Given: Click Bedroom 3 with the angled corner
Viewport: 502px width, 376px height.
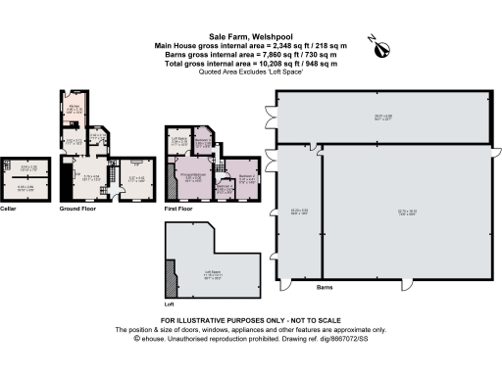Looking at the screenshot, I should coord(203,143).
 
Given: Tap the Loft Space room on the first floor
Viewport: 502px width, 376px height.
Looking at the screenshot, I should coord(179,143).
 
